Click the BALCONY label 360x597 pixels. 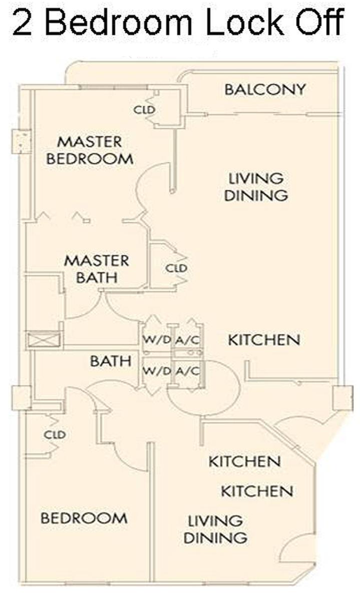point(265,90)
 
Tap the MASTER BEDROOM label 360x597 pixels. point(90,150)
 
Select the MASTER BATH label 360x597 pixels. point(97,269)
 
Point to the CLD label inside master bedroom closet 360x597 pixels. point(144,110)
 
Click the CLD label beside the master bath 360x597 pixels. point(176,268)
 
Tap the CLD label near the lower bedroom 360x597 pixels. point(55,434)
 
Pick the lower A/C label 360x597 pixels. point(187,370)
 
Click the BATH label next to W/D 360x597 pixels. point(111,361)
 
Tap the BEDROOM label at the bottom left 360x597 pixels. point(84,518)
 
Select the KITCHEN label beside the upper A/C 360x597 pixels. point(264,340)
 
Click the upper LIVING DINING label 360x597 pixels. point(256,187)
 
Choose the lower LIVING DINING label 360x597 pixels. point(215,529)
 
